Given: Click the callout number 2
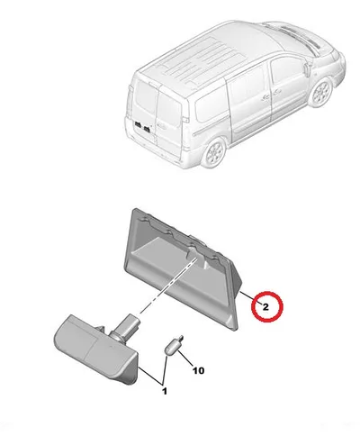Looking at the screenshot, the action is point(265,307).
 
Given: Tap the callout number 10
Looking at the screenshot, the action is point(198,370).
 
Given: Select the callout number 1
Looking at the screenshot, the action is point(165,391).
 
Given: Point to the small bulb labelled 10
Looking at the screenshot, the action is point(174,345).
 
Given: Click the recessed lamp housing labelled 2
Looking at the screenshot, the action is point(182,270).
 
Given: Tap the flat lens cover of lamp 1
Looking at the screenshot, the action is point(95,350).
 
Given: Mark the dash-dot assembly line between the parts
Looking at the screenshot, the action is point(168,286).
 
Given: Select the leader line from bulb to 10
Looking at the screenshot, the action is point(185,359).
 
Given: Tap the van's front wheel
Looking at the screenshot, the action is point(320,93).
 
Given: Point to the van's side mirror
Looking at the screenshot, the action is point(307,68).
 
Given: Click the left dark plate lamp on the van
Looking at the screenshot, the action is point(139,124).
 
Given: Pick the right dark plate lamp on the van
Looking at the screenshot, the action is point(147,129).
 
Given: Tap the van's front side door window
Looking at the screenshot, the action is point(286,74).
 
